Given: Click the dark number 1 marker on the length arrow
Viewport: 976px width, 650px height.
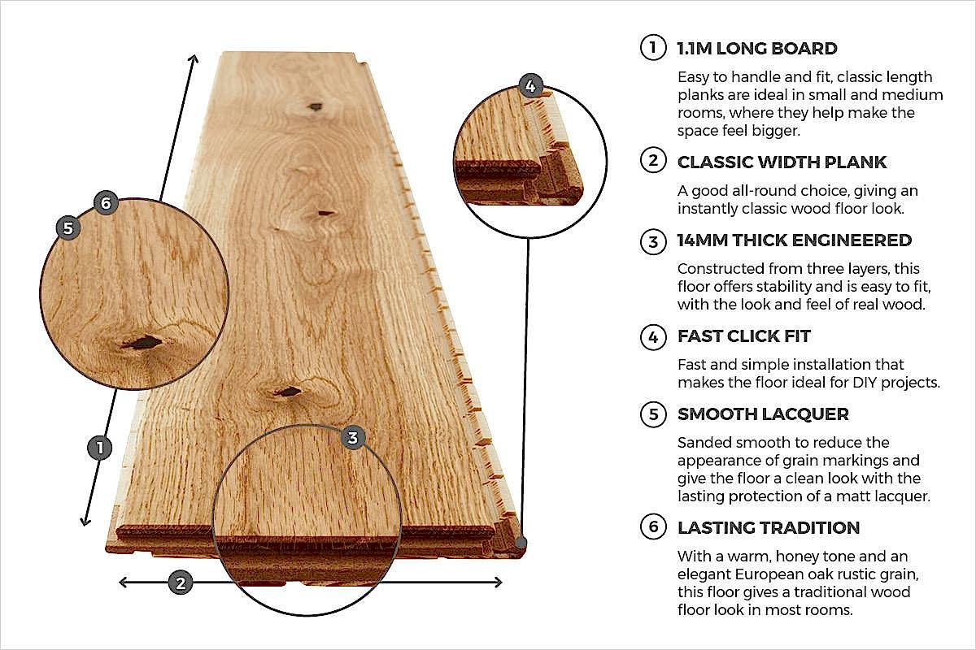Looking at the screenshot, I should [99, 448].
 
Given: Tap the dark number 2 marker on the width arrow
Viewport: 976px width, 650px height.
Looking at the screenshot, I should [181, 582].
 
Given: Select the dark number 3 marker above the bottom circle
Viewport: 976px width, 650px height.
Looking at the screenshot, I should [352, 438].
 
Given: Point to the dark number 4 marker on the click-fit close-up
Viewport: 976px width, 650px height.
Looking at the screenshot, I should [529, 85].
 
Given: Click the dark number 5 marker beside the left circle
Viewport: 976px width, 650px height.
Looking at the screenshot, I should [68, 227].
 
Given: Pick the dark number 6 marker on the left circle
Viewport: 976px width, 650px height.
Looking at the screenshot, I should [105, 202].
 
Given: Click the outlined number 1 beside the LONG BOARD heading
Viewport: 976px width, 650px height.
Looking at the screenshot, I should [652, 48].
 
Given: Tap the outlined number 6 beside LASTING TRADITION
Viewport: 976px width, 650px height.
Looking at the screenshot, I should [652, 527].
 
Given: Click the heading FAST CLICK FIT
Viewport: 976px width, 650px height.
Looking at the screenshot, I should [743, 336].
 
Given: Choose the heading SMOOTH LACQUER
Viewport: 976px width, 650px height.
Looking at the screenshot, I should [763, 414].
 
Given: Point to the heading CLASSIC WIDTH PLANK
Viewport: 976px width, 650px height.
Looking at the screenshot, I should [782, 162].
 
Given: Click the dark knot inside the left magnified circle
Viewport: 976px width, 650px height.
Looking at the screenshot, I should [141, 343].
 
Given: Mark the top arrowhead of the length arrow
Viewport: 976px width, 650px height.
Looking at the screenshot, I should [194, 59].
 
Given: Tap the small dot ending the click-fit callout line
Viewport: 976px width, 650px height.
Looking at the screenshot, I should [521, 541].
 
